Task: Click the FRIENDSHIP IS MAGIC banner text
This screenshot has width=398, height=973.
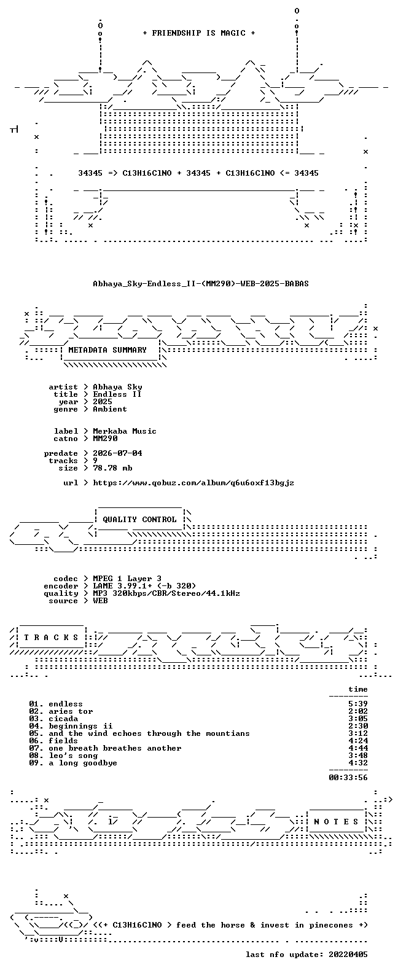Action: tap(199, 33)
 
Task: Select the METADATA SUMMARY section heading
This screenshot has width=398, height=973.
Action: tap(107, 350)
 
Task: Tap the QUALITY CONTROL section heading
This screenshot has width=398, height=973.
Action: tap(139, 520)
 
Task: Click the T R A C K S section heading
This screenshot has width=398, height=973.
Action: tap(51, 637)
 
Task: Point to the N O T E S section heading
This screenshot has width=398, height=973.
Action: tap(336, 821)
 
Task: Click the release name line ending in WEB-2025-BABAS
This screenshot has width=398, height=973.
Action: tap(201, 284)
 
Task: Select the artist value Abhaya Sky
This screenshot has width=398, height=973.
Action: tap(117, 387)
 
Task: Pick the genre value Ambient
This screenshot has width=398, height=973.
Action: tap(110, 409)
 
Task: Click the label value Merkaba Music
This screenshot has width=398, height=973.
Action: tap(125, 431)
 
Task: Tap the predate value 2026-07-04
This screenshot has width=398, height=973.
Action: tap(117, 453)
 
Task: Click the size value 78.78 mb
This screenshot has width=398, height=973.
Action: tap(112, 468)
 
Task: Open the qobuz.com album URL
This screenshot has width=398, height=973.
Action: tap(193, 483)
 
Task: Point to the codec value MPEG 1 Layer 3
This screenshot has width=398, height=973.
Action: tap(127, 579)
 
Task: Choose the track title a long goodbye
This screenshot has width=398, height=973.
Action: tap(83, 763)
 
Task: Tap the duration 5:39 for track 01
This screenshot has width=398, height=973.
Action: tap(358, 704)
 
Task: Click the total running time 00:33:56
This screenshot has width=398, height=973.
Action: tap(348, 778)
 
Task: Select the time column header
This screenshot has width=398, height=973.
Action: tap(358, 689)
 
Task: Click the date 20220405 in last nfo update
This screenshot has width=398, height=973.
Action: tap(348, 955)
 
